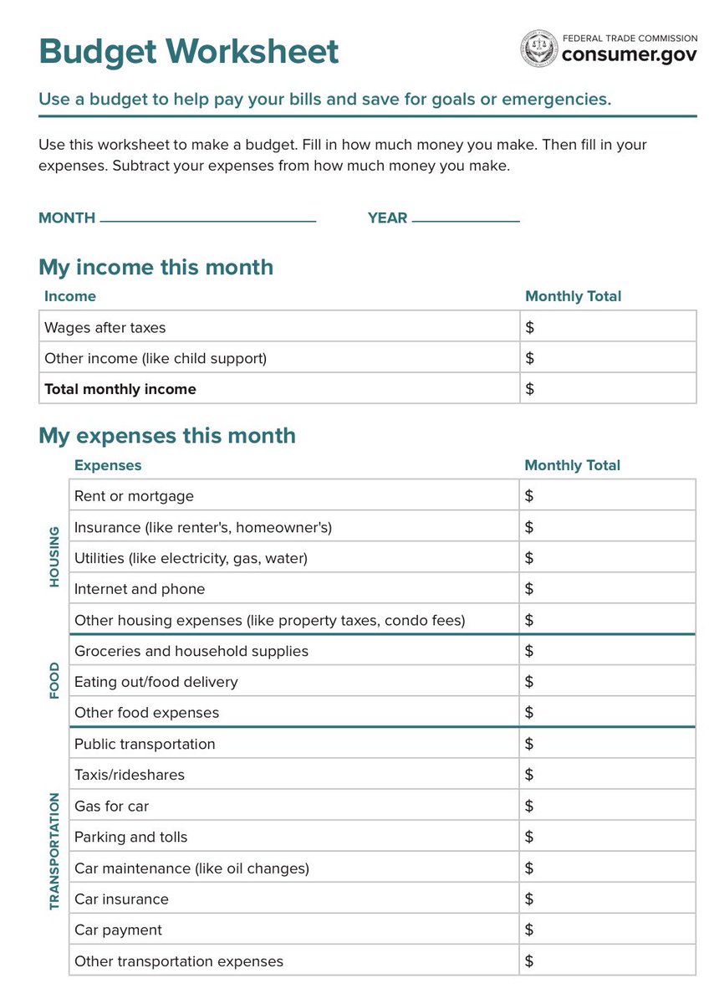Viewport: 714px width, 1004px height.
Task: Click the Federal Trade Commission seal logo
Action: (538, 49)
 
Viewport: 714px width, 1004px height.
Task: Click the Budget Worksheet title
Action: (188, 52)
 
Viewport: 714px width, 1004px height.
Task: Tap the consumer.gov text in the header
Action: (629, 55)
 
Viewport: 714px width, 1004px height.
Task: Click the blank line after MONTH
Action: (207, 219)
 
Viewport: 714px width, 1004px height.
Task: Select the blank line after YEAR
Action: (466, 219)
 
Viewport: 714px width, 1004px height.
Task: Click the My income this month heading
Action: (156, 267)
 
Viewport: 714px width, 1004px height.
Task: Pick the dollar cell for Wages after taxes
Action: (608, 327)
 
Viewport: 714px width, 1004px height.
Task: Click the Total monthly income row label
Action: (120, 389)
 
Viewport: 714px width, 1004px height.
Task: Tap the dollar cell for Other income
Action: (608, 358)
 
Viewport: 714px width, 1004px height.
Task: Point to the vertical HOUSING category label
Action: (54, 556)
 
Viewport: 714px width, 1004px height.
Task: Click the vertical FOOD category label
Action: (54, 681)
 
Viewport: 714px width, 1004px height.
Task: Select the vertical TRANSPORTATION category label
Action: (54, 851)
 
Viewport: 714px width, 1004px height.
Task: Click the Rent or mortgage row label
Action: (134, 496)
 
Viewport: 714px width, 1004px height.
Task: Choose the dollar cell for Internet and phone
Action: (607, 589)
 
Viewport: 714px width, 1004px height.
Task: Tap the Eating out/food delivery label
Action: (156, 682)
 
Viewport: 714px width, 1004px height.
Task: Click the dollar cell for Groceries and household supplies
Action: (607, 651)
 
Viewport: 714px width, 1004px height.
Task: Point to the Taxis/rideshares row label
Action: (130, 775)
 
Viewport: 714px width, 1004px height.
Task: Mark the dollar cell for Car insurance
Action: (607, 899)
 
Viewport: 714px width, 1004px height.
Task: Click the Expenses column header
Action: (108, 465)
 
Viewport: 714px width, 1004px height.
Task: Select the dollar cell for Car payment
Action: (607, 930)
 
